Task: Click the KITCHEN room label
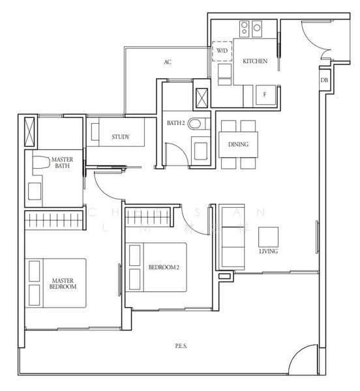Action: click(x=255, y=61)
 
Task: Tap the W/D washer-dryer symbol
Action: click(x=222, y=51)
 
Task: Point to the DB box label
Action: click(x=324, y=80)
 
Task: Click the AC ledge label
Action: click(x=168, y=63)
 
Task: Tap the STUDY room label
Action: click(x=120, y=137)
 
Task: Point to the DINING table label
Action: click(x=237, y=145)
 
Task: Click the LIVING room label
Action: click(x=269, y=251)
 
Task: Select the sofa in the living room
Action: click(x=230, y=236)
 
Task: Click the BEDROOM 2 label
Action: click(x=164, y=267)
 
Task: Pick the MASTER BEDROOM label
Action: click(x=63, y=283)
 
